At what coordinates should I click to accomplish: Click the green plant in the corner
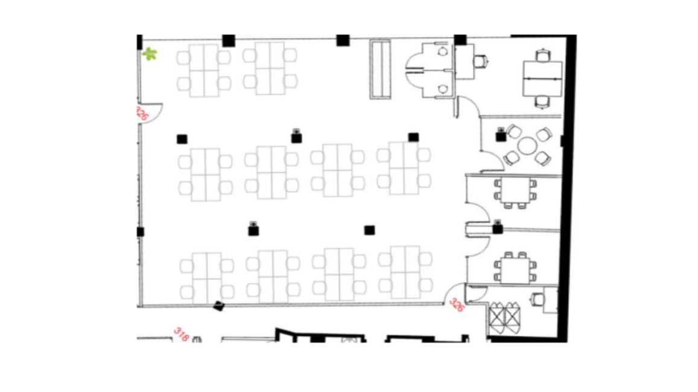[150, 54]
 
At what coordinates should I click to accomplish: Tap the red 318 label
[181, 334]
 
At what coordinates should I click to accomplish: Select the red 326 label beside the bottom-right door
[456, 305]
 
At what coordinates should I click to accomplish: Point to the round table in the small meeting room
[527, 146]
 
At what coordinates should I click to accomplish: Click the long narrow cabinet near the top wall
[380, 69]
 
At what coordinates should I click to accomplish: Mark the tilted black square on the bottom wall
[218, 306]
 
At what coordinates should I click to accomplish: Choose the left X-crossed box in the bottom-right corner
[497, 318]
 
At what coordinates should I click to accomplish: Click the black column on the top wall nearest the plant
[229, 40]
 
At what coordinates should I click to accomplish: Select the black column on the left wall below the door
[140, 232]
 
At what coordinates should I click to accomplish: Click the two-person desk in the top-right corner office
[542, 79]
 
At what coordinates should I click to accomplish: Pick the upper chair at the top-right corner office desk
[542, 55]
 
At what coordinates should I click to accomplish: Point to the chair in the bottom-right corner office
[538, 299]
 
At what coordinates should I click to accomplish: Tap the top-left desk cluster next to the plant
[204, 71]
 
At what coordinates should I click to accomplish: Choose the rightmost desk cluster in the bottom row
[405, 273]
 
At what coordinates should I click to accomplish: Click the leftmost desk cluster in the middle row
[205, 174]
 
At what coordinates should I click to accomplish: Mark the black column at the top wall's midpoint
[343, 40]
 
